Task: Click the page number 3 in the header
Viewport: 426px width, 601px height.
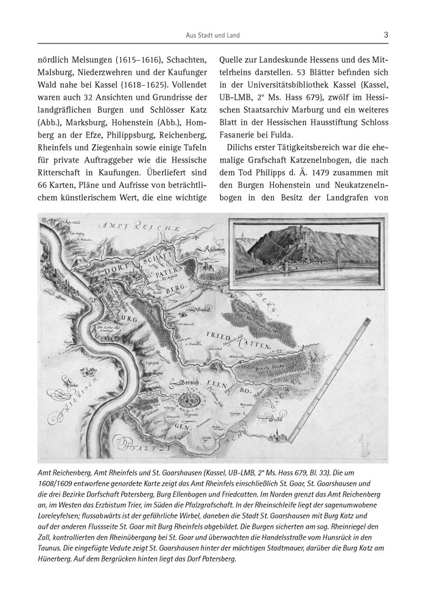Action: (x=386, y=35)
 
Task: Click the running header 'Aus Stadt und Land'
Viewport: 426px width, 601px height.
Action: (x=213, y=36)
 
